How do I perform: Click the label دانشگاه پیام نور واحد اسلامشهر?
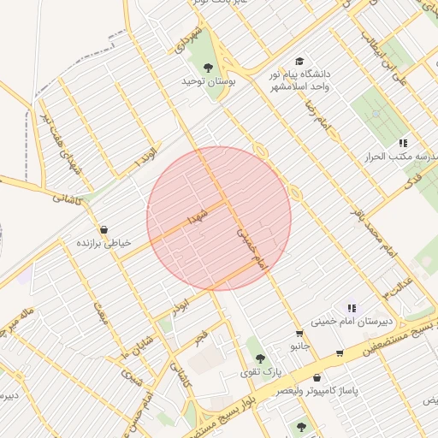pos(300,80)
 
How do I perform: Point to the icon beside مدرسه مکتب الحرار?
pos(402,143)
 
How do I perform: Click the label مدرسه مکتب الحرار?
pos(402,157)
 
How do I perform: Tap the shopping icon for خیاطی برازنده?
pos(104,229)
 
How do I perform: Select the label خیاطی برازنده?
pos(104,243)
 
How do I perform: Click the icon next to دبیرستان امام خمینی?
pos(351,308)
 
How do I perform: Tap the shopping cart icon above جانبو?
pos(299,334)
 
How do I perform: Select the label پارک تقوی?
pos(260,372)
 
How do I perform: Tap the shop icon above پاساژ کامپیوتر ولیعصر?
pos(317,377)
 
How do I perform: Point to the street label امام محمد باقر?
pos(374,232)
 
